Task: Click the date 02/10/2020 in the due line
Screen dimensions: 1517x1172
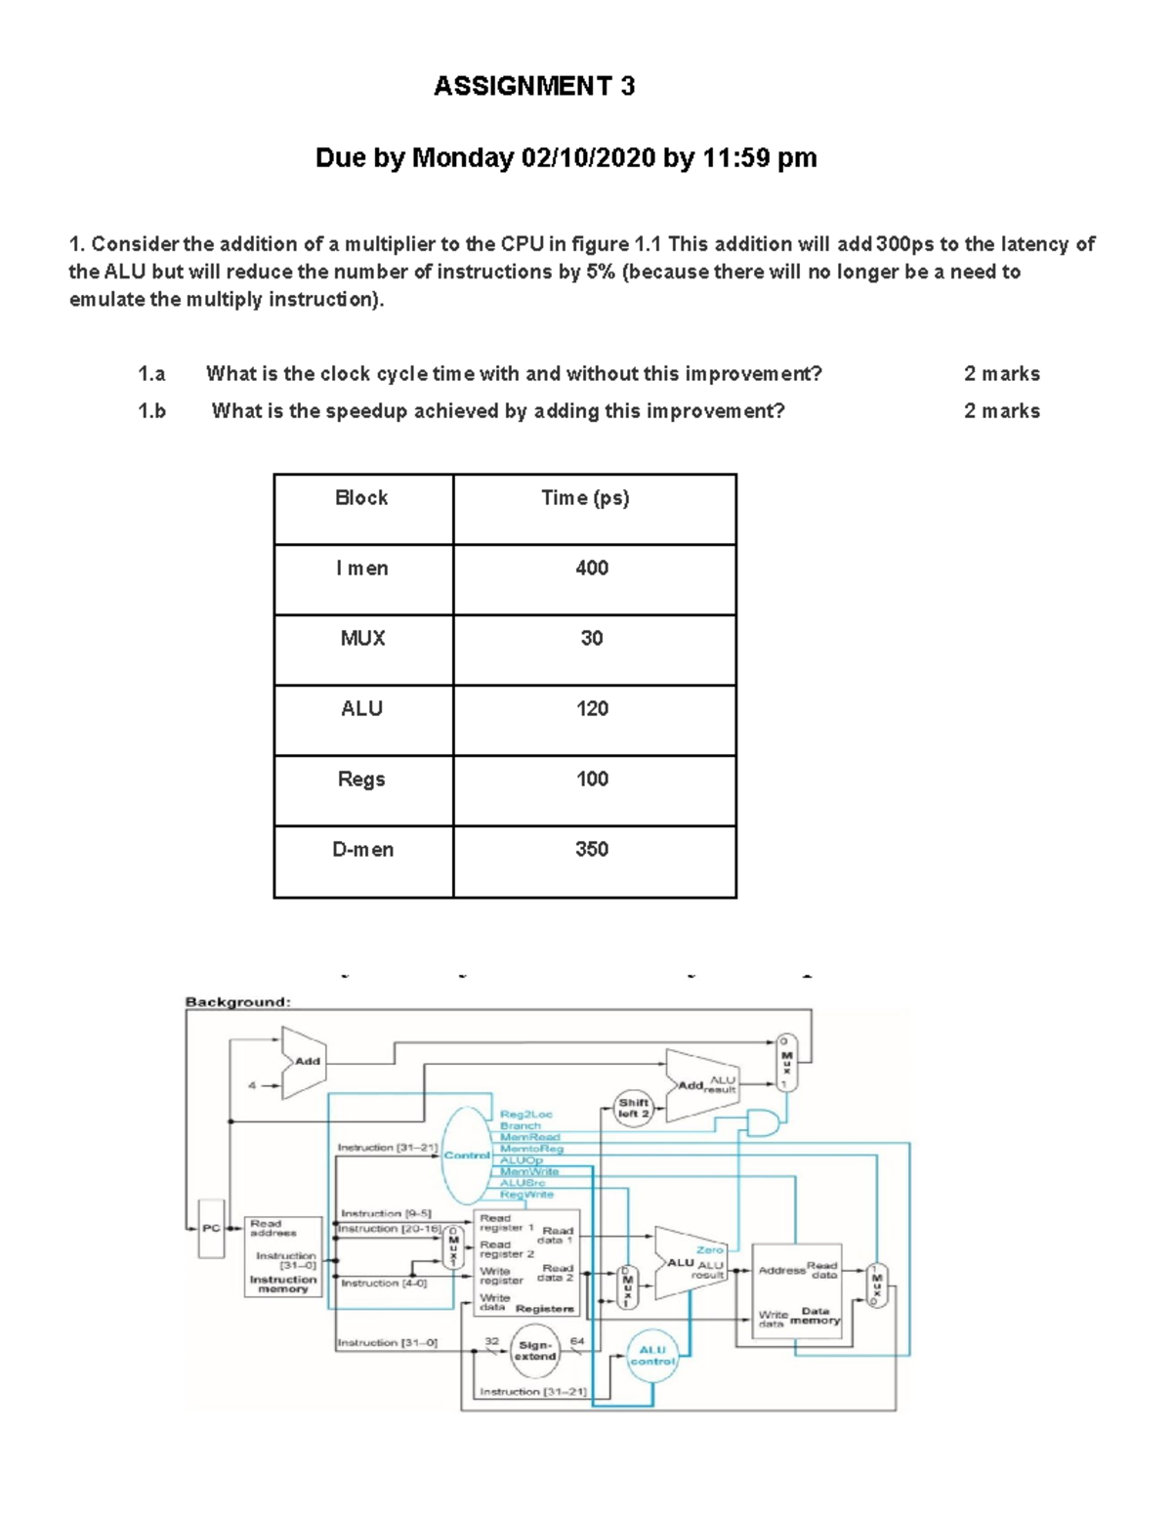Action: pyautogui.click(x=588, y=157)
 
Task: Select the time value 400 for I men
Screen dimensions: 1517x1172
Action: pyautogui.click(x=592, y=569)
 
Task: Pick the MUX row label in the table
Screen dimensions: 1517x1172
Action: pyautogui.click(x=362, y=639)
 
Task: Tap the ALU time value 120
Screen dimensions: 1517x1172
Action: pyautogui.click(x=592, y=709)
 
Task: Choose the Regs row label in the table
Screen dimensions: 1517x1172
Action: pyautogui.click(x=361, y=780)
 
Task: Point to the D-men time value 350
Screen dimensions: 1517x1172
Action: pyautogui.click(x=592, y=850)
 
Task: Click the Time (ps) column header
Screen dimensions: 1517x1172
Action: pyautogui.click(x=585, y=498)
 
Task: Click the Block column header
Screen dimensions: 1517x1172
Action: pyautogui.click(x=361, y=498)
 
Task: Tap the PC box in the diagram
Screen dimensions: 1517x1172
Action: pyautogui.click(x=211, y=1229)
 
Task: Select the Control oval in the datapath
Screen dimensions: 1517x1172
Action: pyautogui.click(x=466, y=1156)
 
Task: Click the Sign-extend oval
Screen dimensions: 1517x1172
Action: pyautogui.click(x=535, y=1351)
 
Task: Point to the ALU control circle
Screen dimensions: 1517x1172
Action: pyautogui.click(x=652, y=1356)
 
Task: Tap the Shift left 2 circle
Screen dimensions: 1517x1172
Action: pyautogui.click(x=633, y=1108)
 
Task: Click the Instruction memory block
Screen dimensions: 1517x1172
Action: pyautogui.click(x=283, y=1257)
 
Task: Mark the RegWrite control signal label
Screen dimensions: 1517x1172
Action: pyautogui.click(x=526, y=1195)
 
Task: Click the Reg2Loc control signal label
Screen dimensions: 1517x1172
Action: pyautogui.click(x=525, y=1114)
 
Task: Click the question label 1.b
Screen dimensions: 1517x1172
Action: pyautogui.click(x=151, y=411)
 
